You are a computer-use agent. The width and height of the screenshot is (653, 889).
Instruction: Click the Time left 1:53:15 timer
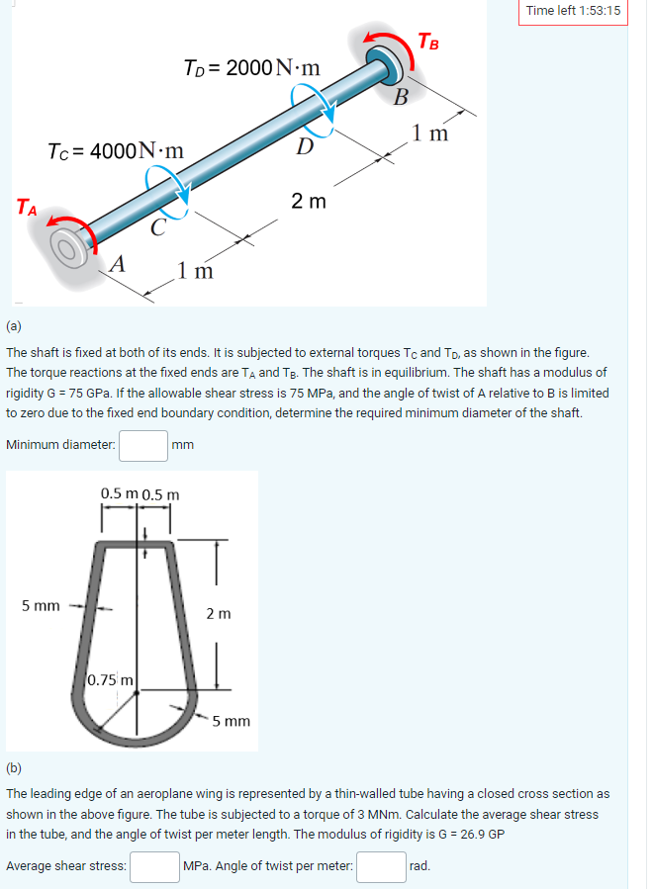click(x=574, y=11)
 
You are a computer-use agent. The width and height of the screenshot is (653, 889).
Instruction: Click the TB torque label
click(x=428, y=42)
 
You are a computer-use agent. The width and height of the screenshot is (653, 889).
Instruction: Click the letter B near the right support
click(x=401, y=96)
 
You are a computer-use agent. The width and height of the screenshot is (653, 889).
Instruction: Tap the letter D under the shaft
click(x=306, y=148)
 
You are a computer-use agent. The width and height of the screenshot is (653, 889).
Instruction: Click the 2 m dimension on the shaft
click(x=309, y=202)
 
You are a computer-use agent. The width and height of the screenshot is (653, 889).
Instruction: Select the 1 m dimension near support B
click(x=430, y=133)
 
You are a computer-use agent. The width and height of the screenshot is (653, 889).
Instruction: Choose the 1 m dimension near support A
click(x=195, y=270)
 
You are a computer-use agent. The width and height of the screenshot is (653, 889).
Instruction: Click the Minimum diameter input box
click(x=143, y=445)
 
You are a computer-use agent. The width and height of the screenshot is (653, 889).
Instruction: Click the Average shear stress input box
click(x=154, y=866)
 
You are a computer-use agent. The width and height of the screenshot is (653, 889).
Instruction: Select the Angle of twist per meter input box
click(x=381, y=866)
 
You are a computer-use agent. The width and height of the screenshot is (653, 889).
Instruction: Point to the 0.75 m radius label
click(x=112, y=678)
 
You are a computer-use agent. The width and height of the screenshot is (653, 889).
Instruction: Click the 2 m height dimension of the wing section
click(x=220, y=614)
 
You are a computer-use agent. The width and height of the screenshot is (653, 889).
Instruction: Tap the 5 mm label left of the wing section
click(x=41, y=605)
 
